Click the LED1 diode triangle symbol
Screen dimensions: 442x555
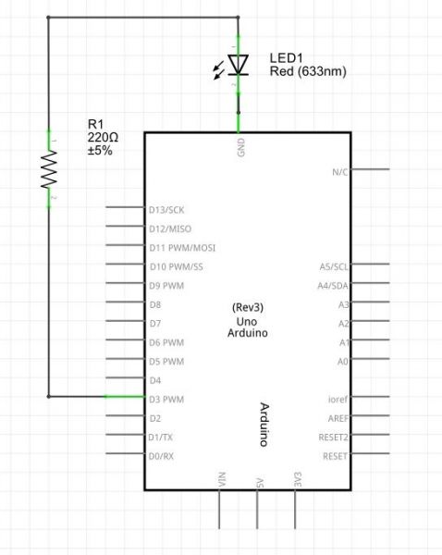[238, 65]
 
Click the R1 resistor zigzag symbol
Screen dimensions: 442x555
[49, 169]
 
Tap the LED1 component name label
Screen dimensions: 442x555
[286, 58]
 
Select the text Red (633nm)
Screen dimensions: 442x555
[308, 71]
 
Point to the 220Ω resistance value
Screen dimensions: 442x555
[103, 137]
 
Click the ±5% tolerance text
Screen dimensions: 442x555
[100, 151]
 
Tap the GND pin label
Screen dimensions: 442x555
[241, 147]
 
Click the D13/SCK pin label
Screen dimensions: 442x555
[166, 210]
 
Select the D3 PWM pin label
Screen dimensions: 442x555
[166, 400]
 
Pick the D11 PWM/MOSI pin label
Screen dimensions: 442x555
[182, 248]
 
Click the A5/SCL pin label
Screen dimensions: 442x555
[334, 266]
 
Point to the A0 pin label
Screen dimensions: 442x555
[342, 362]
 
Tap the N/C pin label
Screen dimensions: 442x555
[340, 172]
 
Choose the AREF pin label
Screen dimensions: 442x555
[338, 418]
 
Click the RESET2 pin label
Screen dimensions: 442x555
[334, 438]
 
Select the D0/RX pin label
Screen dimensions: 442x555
[161, 456]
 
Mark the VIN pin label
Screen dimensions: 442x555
[222, 479]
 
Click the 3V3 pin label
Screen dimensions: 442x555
[298, 479]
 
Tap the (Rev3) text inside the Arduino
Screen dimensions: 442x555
[248, 307]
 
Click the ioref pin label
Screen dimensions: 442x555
[338, 400]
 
